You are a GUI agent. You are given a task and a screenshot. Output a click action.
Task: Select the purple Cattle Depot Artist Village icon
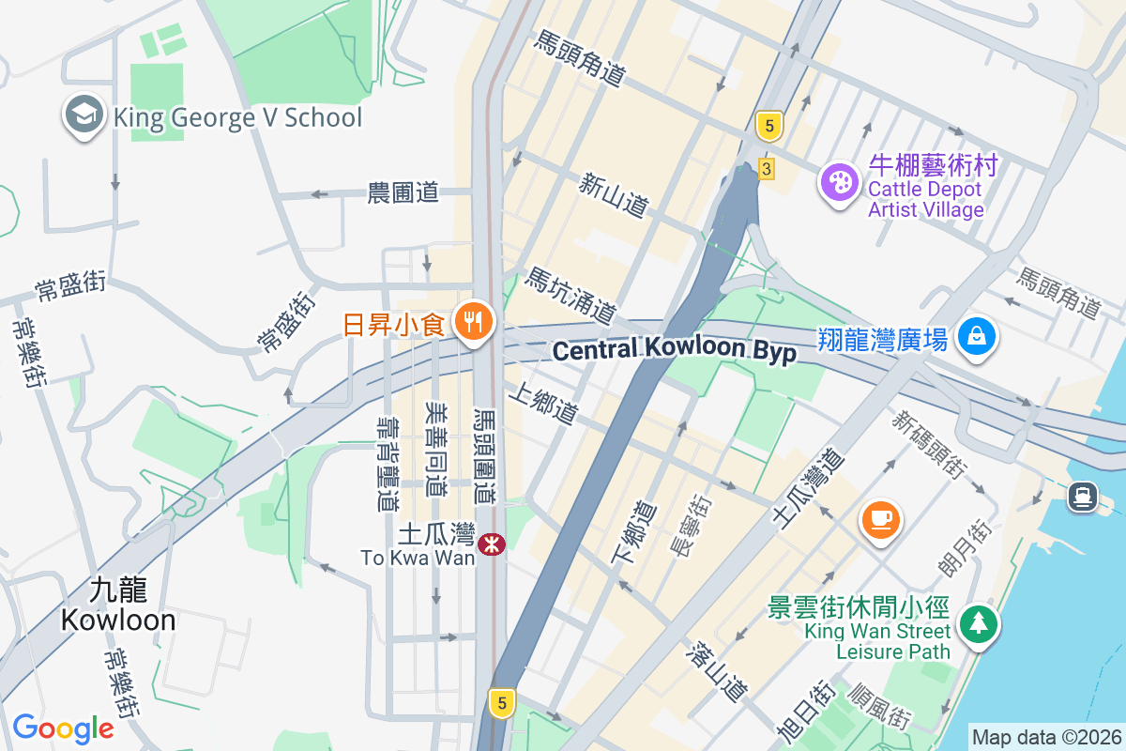click(x=838, y=181)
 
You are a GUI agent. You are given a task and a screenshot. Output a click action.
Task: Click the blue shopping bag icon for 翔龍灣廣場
click(x=976, y=335)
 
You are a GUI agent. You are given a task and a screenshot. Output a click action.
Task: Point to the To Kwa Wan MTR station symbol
click(x=492, y=544)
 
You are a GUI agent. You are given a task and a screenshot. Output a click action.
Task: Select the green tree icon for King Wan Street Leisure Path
click(x=979, y=622)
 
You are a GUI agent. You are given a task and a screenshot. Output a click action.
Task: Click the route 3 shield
click(x=767, y=169)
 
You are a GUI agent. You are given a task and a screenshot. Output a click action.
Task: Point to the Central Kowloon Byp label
click(x=675, y=350)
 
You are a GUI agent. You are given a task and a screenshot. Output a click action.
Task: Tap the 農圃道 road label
click(x=403, y=193)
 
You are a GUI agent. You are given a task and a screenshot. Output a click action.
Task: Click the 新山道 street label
click(x=614, y=194)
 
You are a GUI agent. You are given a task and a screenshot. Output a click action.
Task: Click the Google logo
click(x=62, y=728)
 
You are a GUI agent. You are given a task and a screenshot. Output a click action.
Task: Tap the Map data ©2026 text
click(x=1046, y=738)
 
